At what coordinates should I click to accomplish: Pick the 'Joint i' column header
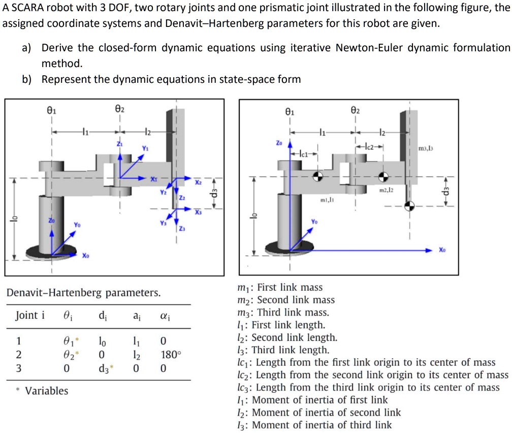coord(30,315)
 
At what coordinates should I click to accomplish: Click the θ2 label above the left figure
coord(119,109)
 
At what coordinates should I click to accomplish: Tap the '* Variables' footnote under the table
coord(42,391)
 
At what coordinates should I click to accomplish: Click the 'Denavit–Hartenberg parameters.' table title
coord(83,293)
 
